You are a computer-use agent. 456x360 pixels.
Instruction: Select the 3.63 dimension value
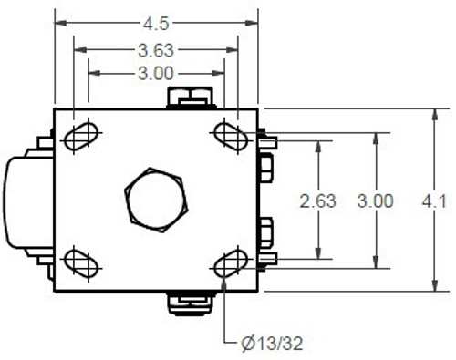[x=155, y=49]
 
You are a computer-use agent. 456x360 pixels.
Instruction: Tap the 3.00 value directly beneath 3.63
[x=156, y=73]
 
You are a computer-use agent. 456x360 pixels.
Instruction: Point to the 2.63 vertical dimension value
[x=318, y=201]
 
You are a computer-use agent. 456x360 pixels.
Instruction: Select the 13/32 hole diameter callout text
[x=281, y=344]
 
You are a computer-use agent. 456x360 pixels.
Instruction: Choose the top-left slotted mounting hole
[x=81, y=135]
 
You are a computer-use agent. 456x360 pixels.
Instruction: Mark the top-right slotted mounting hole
[x=230, y=134]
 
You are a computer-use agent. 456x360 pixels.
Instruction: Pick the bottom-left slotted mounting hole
[x=81, y=263]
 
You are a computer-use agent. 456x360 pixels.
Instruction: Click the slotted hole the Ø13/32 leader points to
[x=230, y=263]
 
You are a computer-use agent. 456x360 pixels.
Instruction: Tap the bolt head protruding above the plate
[x=190, y=97]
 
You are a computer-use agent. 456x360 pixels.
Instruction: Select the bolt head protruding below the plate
[x=190, y=303]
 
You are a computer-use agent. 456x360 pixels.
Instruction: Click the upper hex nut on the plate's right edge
[x=266, y=167]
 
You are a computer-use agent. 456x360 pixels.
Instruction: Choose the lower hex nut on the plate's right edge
[x=266, y=232]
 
